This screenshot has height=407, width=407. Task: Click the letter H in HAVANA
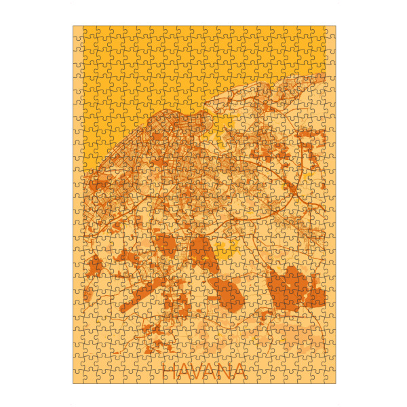172,372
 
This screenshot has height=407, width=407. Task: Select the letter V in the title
202,372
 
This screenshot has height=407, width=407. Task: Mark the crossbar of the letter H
172,372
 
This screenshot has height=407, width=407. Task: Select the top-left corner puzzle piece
79,32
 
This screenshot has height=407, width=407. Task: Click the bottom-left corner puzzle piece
79,377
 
